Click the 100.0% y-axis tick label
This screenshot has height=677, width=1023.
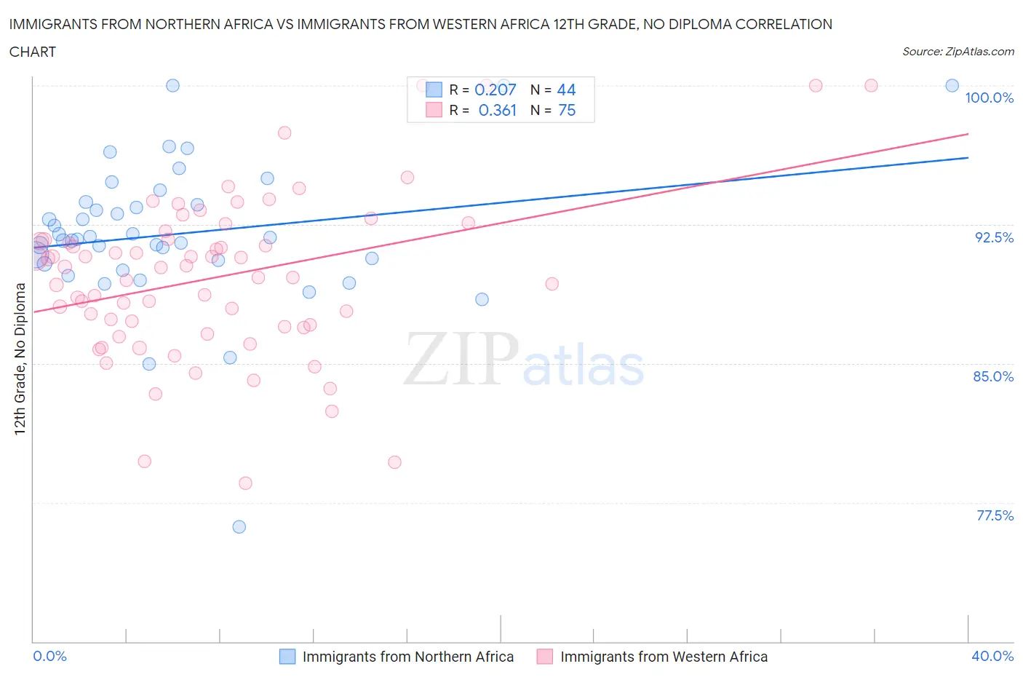pos(989,98)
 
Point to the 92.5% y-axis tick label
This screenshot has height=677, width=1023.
pos(994,237)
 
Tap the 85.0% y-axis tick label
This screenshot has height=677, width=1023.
pos(993,376)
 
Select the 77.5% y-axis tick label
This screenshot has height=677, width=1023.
pos(995,515)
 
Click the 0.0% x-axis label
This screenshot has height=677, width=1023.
pos(49,656)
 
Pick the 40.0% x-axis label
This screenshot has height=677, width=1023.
pos(992,656)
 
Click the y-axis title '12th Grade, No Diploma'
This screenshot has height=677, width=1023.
pos(20,358)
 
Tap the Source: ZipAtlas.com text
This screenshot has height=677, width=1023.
pos(958,51)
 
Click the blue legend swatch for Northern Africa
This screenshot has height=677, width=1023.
pos(287,657)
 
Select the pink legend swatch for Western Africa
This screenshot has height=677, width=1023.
pos(545,657)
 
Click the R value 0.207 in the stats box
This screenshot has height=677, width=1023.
pos(495,90)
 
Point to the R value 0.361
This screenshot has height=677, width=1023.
pos(497,110)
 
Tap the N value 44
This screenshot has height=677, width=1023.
pos(566,90)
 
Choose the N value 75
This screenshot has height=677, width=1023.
pos(566,110)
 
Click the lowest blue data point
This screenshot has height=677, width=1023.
pos(239,527)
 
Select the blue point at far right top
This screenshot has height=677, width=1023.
pos(952,85)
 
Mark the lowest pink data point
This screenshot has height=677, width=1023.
pos(245,483)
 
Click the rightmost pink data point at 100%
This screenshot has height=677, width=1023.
pos(871,85)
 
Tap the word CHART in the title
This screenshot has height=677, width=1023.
pos(33,52)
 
